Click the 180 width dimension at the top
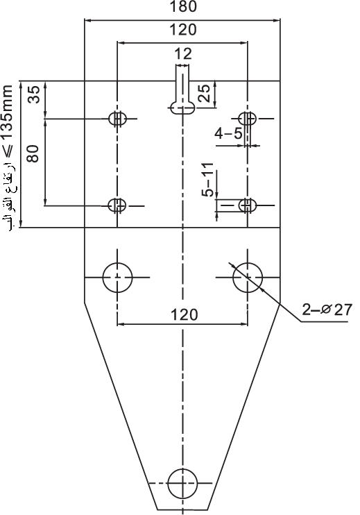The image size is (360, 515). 183,6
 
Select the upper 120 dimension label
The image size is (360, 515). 183,30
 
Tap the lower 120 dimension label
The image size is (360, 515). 185,314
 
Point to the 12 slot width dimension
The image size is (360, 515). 183,53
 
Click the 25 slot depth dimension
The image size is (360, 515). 204,94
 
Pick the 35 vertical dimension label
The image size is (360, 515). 33,94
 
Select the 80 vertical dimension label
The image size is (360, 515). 33,153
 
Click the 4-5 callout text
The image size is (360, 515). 229,133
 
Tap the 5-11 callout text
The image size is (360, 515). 207,180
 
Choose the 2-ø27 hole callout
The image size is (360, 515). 327,310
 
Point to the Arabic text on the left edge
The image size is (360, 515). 8,193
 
